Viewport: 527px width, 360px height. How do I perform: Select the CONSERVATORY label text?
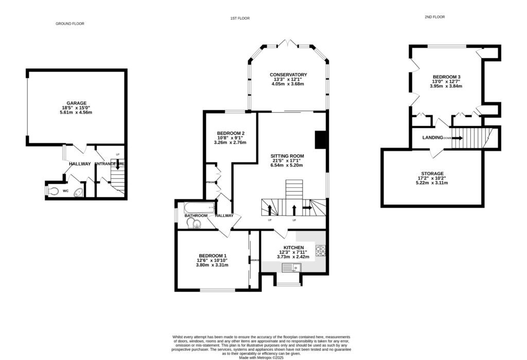[x=288, y=75]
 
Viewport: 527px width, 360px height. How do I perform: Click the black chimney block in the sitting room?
[x=321, y=140]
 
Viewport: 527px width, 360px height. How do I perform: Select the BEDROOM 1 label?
[x=213, y=256]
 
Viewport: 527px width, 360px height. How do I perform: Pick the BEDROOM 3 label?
[x=446, y=77]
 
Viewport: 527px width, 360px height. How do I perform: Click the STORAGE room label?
[x=431, y=174]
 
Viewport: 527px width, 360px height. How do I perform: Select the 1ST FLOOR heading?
[x=240, y=19]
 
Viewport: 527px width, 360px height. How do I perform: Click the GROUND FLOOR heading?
[x=69, y=24]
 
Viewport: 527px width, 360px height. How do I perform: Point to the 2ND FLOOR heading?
[x=435, y=17]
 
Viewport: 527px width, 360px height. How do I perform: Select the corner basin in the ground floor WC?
[x=78, y=193]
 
